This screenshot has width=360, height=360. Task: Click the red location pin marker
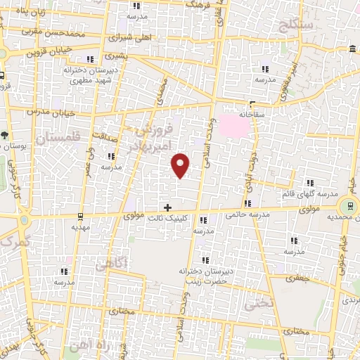(x=181, y=165)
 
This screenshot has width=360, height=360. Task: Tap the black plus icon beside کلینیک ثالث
(x=167, y=207)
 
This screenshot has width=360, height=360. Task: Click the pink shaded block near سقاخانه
(x=234, y=126)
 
